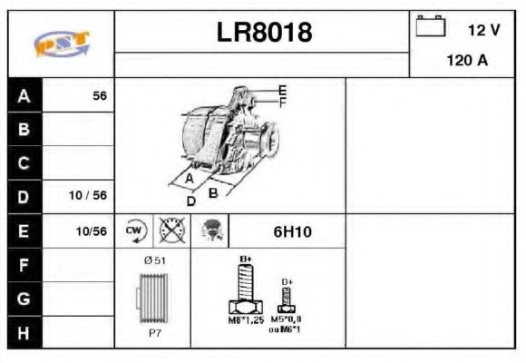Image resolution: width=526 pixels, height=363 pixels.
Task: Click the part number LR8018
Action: tap(264, 33)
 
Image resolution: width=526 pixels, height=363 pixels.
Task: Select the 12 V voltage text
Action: tap(483, 29)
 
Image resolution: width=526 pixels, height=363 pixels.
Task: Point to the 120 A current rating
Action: tap(467, 62)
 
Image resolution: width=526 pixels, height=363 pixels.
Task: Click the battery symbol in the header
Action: tap(431, 26)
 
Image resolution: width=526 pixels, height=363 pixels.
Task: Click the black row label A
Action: tap(24, 96)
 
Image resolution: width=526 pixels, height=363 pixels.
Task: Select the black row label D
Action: tap(24, 196)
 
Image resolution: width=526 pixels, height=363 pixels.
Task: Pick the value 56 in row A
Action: tap(100, 96)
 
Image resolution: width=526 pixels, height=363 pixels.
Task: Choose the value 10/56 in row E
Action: tap(92, 231)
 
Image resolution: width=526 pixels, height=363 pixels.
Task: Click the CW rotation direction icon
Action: tap(135, 231)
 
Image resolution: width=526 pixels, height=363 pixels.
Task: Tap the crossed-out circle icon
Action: tap(171, 231)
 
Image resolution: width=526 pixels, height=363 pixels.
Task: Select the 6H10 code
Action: tap(292, 231)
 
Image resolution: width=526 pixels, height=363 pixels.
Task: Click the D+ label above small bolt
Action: tap(287, 282)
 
